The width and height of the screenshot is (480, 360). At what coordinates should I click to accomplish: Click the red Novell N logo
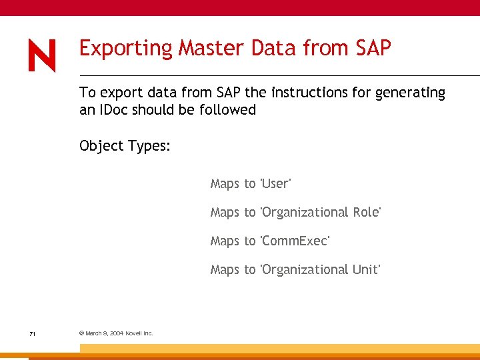[42, 55]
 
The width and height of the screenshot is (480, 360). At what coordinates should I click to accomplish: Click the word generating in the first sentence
[410, 93]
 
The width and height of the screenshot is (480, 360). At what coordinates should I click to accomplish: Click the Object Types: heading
[125, 146]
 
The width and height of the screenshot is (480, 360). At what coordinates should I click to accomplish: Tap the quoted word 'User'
[275, 183]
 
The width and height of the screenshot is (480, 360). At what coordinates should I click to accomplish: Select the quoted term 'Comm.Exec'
[295, 241]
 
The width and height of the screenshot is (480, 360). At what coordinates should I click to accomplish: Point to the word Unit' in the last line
[366, 269]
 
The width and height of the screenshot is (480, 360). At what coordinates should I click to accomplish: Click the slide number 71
[32, 333]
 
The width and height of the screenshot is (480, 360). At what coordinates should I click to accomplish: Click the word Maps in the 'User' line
[224, 184]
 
